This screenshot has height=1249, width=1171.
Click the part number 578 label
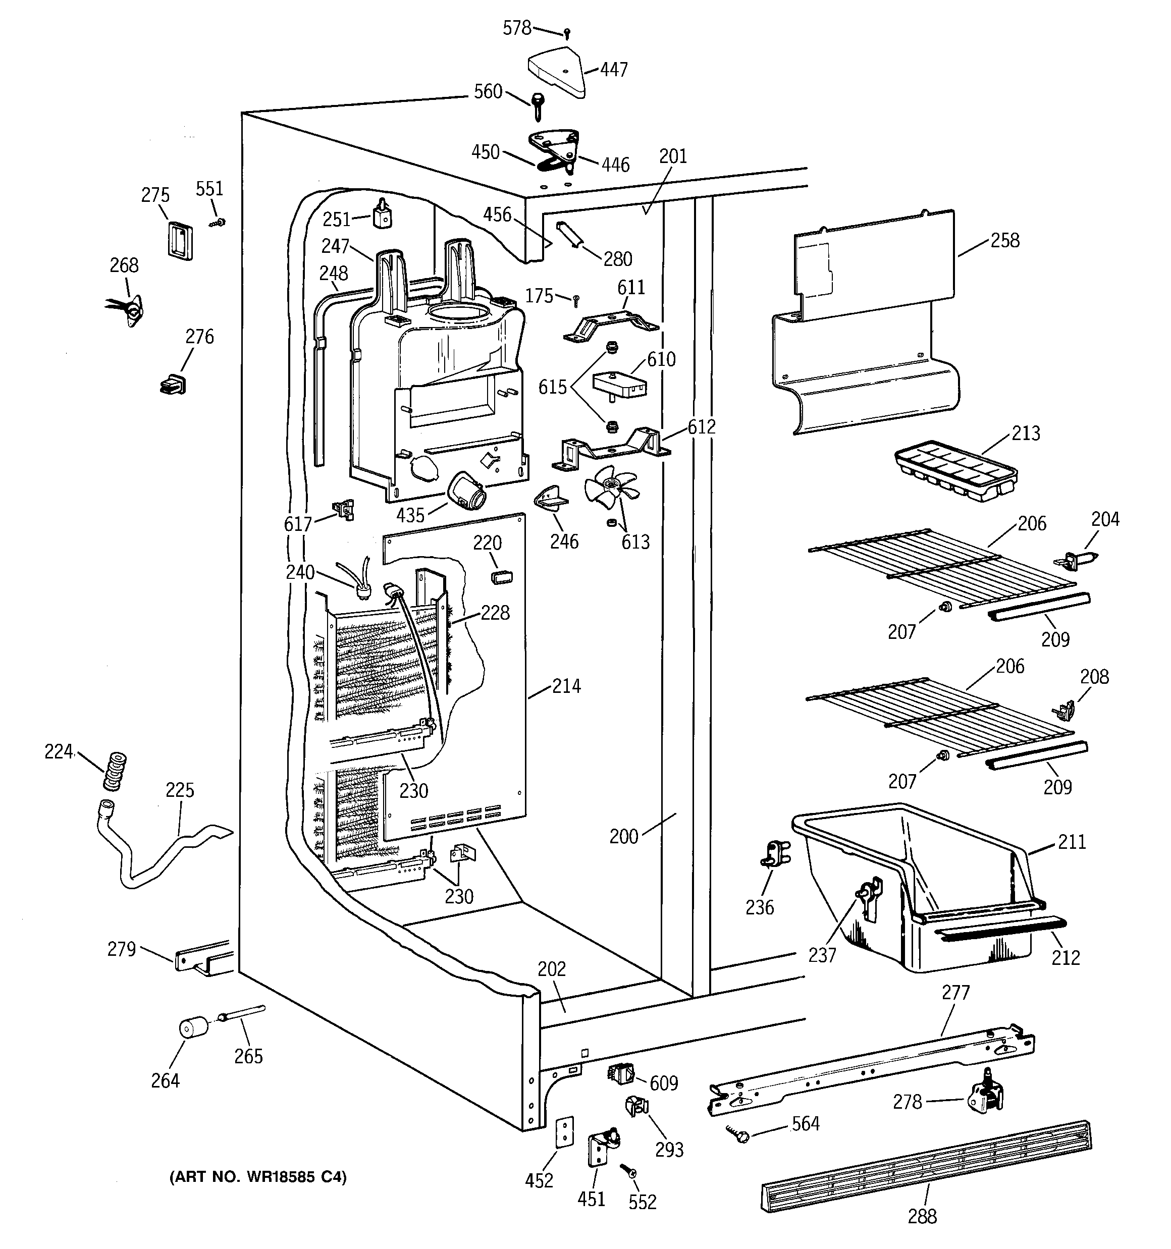[517, 28]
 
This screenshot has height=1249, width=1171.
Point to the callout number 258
[1004, 241]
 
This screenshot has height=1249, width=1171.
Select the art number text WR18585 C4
[258, 1177]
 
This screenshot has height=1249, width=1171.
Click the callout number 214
[566, 686]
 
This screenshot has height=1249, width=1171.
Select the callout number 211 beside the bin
[1072, 841]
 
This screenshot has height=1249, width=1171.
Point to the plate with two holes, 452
[566, 1131]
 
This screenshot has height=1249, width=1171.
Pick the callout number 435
[410, 515]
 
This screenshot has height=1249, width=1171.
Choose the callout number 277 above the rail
[955, 993]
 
